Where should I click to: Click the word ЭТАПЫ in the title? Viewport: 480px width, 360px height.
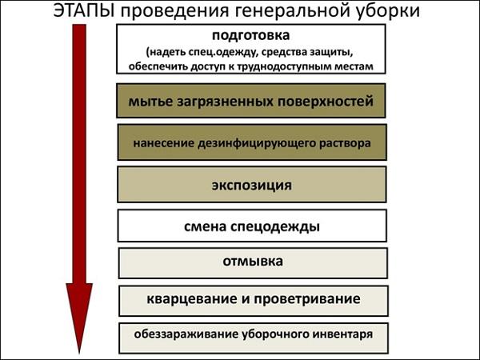[x=84, y=10]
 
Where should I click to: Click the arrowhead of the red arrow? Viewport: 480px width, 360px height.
[x=79, y=318]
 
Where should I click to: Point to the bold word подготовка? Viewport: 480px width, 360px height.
[x=250, y=35]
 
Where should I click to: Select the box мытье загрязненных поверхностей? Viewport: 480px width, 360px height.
[x=251, y=101]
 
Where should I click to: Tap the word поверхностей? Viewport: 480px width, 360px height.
[x=326, y=102]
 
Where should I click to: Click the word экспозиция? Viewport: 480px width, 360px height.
[x=252, y=186]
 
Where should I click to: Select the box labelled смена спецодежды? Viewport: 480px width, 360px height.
[x=252, y=226]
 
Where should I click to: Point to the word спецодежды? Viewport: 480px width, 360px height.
[x=275, y=227]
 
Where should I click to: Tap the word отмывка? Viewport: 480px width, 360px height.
[x=253, y=261]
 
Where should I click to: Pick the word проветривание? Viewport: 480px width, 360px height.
[x=307, y=299]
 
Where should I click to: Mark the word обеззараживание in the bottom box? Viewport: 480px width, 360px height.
[x=186, y=334]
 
